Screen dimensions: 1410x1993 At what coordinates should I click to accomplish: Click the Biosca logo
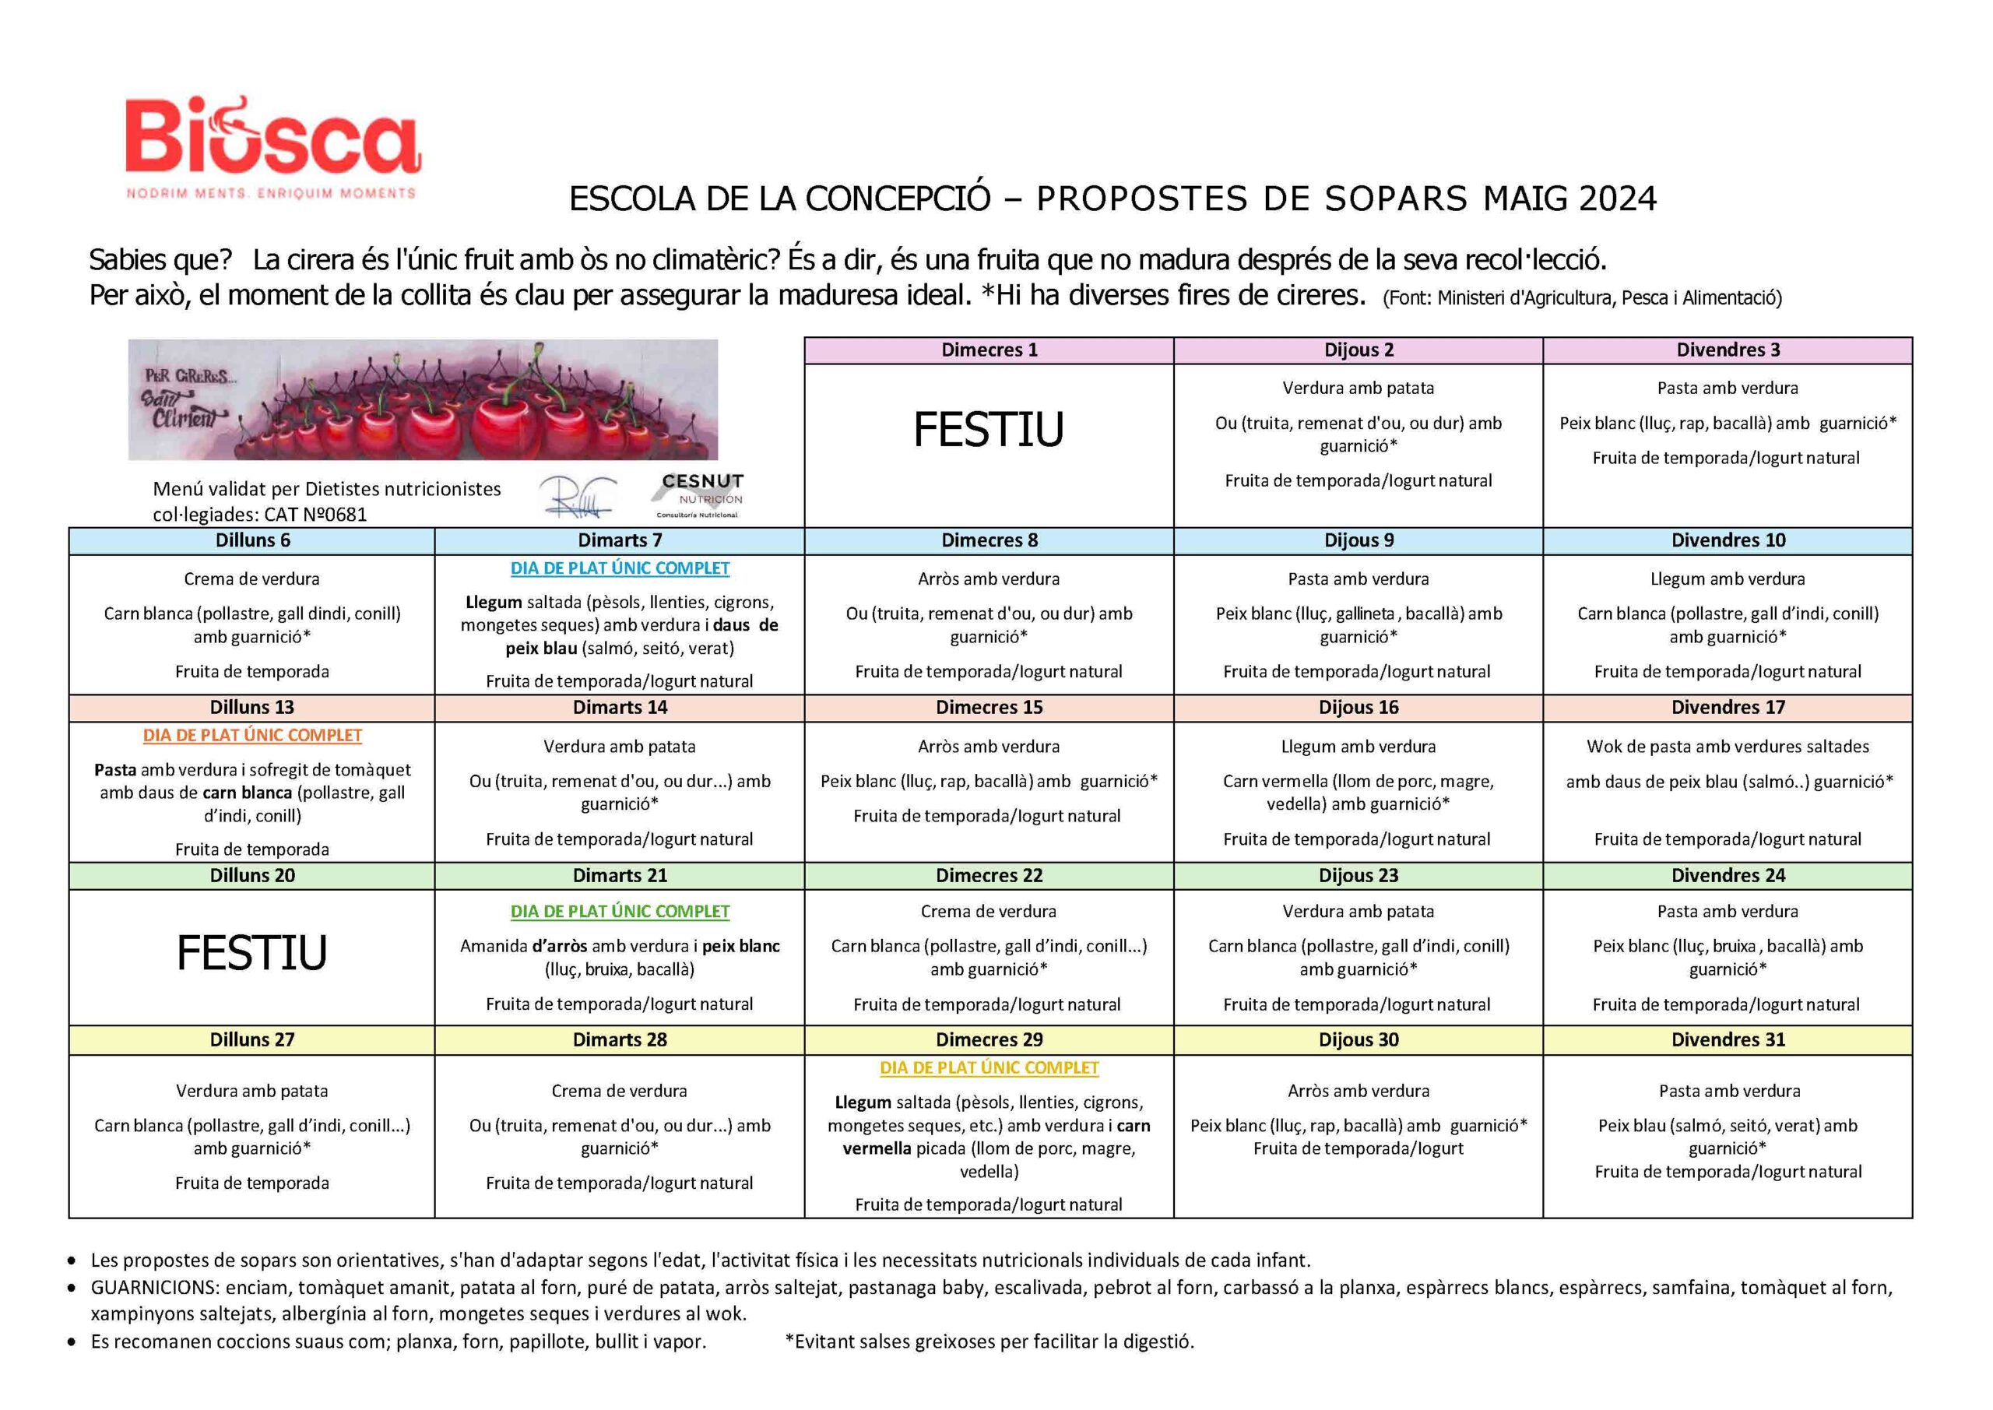point(272,146)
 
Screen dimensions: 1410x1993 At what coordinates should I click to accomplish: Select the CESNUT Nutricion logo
point(701,494)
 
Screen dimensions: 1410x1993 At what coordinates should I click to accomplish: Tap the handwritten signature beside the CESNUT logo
point(577,497)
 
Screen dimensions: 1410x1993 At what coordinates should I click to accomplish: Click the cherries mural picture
point(423,399)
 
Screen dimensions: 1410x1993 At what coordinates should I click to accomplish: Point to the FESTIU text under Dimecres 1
point(988,430)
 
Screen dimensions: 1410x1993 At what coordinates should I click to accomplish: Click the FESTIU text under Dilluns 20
point(251,952)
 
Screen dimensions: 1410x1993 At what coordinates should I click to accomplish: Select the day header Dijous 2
point(1359,350)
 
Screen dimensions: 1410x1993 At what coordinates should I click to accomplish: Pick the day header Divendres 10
point(1728,540)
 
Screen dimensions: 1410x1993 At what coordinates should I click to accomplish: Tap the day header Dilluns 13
point(251,707)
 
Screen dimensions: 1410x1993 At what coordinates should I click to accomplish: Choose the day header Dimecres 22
point(989,875)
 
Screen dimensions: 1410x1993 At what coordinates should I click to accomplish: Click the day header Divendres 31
point(1728,1039)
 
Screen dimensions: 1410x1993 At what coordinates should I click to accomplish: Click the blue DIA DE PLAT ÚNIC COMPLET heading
point(620,568)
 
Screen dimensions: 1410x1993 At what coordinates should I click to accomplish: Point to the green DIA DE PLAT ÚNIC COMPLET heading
point(620,911)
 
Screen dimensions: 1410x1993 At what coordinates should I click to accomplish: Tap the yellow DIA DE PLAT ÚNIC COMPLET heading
point(989,1067)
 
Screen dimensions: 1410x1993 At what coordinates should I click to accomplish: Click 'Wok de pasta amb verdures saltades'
point(1728,746)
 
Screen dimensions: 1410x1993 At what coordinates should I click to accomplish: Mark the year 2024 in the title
point(1617,199)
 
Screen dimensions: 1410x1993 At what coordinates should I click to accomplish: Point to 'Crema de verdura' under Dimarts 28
point(619,1091)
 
